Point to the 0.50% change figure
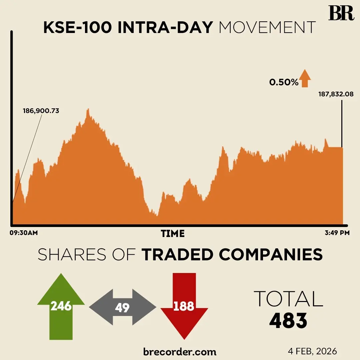pyautogui.click(x=284, y=82)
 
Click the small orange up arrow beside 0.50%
pyautogui.click(x=305, y=79)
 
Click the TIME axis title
pyautogui.click(x=173, y=233)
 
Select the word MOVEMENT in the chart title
pyautogui.click(x=267, y=28)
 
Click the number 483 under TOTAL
pyautogui.click(x=288, y=321)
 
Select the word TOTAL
pyautogui.click(x=288, y=299)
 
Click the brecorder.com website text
pyautogui.click(x=180, y=352)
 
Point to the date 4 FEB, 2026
pyautogui.click(x=312, y=351)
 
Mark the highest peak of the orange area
pyautogui.click(x=88, y=110)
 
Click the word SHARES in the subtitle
pyautogui.click(x=70, y=255)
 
